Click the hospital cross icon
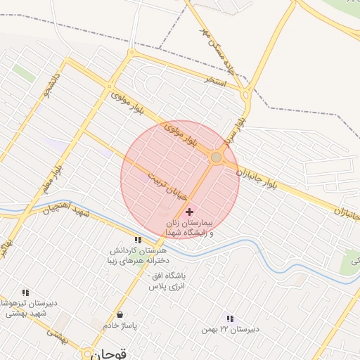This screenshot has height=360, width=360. (189, 212)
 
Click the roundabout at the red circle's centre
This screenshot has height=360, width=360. (217, 157)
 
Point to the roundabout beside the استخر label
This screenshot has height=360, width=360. (245, 94)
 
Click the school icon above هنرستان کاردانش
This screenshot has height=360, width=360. (138, 240)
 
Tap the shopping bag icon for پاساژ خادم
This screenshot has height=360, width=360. (121, 314)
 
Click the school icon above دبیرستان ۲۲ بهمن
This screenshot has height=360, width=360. (230, 319)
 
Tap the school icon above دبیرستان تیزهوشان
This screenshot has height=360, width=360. (26, 292)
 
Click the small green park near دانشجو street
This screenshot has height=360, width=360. (23, 72)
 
